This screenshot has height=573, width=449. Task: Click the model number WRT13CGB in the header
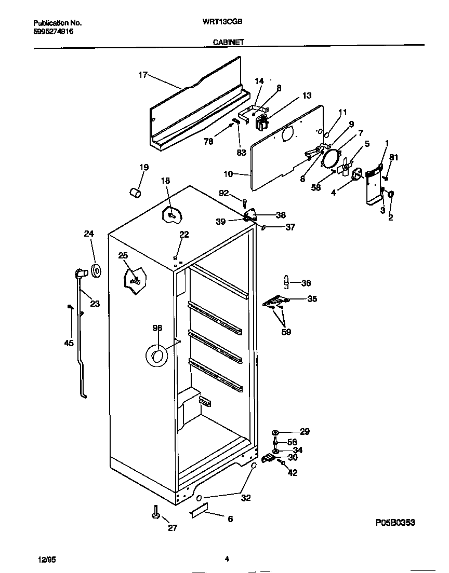(x=224, y=22)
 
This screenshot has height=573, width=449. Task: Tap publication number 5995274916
(x=53, y=31)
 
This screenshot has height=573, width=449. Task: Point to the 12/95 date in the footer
(x=47, y=559)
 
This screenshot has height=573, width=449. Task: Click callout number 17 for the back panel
(x=142, y=75)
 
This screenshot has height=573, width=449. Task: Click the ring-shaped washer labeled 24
(x=96, y=270)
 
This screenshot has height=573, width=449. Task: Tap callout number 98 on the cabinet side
(x=157, y=328)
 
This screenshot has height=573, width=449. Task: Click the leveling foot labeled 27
(x=155, y=513)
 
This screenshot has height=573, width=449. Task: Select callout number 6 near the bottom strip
(x=230, y=519)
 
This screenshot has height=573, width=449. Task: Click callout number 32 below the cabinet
(x=246, y=498)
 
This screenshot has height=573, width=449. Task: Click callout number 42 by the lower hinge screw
(x=293, y=472)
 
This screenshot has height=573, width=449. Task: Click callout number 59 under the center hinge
(x=286, y=332)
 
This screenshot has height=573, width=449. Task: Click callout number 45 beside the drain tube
(x=69, y=343)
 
